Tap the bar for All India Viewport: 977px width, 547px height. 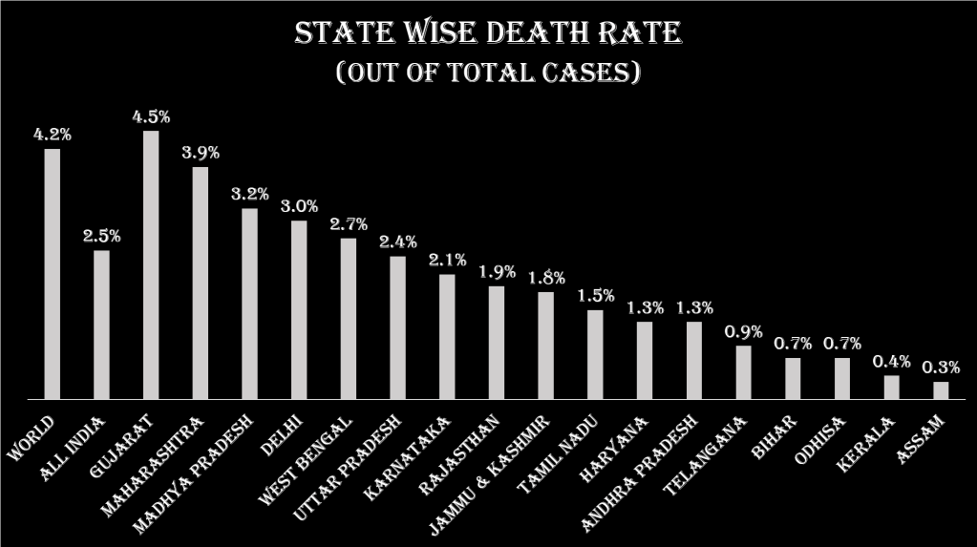[x=101, y=325]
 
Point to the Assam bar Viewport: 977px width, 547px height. [x=941, y=390]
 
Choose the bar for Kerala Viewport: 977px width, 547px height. [x=891, y=387]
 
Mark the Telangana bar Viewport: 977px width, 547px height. [x=743, y=372]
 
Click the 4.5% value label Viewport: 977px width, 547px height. [x=151, y=117]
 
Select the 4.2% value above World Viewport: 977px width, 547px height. [x=52, y=135]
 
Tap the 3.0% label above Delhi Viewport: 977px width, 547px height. [x=299, y=207]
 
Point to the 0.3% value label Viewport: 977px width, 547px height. [x=941, y=368]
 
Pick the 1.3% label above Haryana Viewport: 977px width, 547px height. [x=644, y=308]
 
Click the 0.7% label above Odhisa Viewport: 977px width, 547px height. [x=842, y=344]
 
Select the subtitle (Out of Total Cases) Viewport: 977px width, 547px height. [x=488, y=73]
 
